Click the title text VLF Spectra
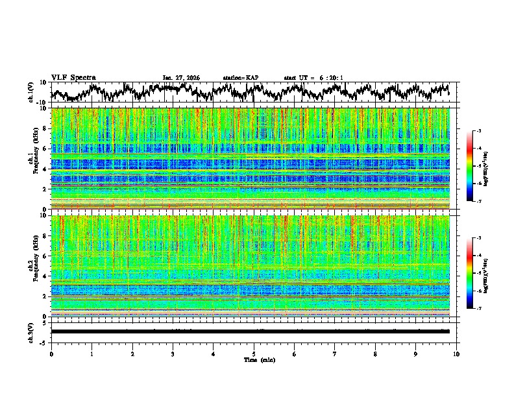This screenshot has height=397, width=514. [73, 78]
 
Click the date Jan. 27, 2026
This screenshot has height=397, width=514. [181, 78]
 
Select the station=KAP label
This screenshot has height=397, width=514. [240, 78]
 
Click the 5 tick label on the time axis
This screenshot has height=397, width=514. [254, 354]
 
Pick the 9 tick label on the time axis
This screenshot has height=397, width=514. [416, 354]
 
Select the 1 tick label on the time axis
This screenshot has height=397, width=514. [92, 354]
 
